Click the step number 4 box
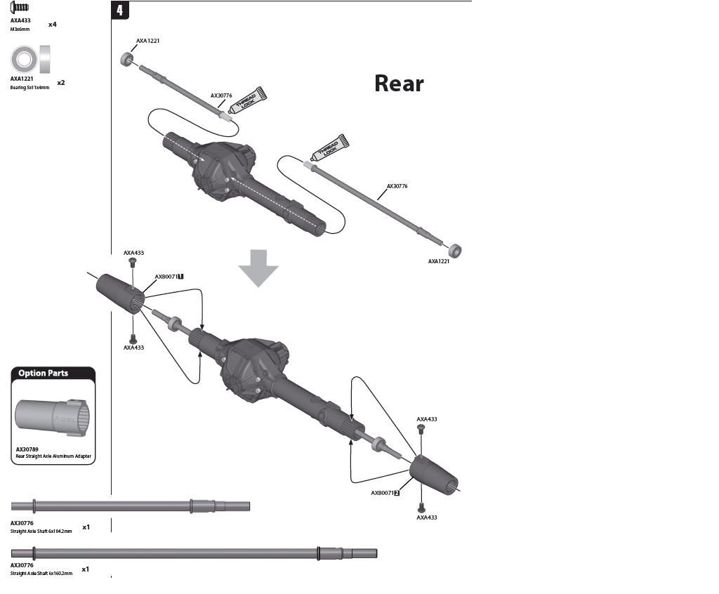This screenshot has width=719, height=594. point(120,11)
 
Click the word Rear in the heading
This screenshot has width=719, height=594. point(399,84)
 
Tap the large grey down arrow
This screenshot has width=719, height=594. point(258,266)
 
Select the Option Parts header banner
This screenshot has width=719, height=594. point(53,373)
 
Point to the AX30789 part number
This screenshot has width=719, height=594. point(27,449)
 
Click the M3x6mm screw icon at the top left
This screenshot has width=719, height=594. point(20,8)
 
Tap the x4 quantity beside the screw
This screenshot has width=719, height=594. point(52,25)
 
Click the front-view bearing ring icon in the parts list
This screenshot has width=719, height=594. point(23,60)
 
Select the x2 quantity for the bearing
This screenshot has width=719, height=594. point(61,83)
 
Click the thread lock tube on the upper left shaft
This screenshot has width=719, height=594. point(249,100)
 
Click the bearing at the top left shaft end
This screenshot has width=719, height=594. point(128,59)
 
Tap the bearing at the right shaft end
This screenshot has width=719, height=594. point(456,249)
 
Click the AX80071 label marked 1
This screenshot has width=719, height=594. point(169,277)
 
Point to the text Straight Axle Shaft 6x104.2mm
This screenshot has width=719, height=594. point(41,532)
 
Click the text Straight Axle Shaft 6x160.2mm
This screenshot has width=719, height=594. point(41,574)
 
